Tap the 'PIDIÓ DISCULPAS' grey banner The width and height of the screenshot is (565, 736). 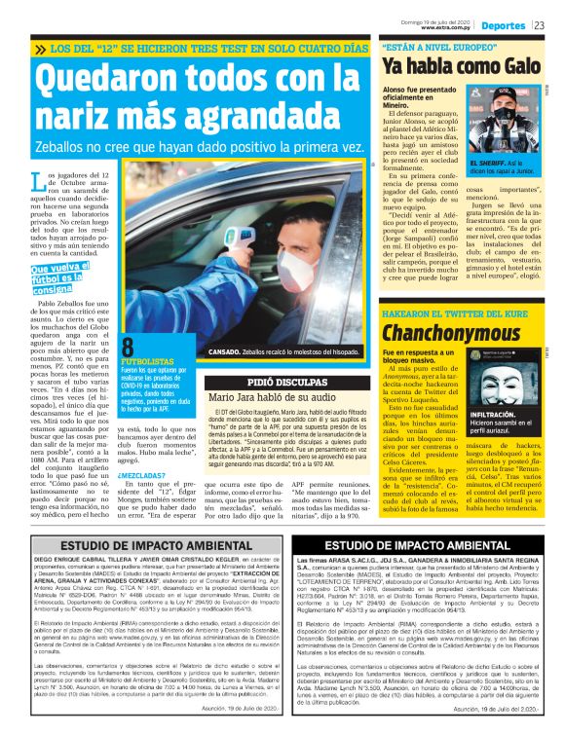[290, 383]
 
